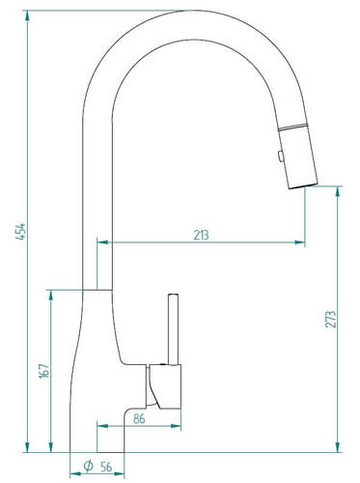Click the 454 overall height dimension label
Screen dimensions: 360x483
point(21,231)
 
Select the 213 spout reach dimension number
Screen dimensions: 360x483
point(201,235)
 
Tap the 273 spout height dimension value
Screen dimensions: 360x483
point(330,319)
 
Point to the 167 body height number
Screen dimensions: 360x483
point(44,371)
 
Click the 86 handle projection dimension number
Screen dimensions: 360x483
point(139,418)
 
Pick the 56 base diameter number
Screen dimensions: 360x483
point(106,467)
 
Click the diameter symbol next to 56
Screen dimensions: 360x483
point(88,466)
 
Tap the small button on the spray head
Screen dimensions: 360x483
point(280,156)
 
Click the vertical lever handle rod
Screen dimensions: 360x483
point(174,329)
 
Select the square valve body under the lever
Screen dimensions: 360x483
point(165,386)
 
